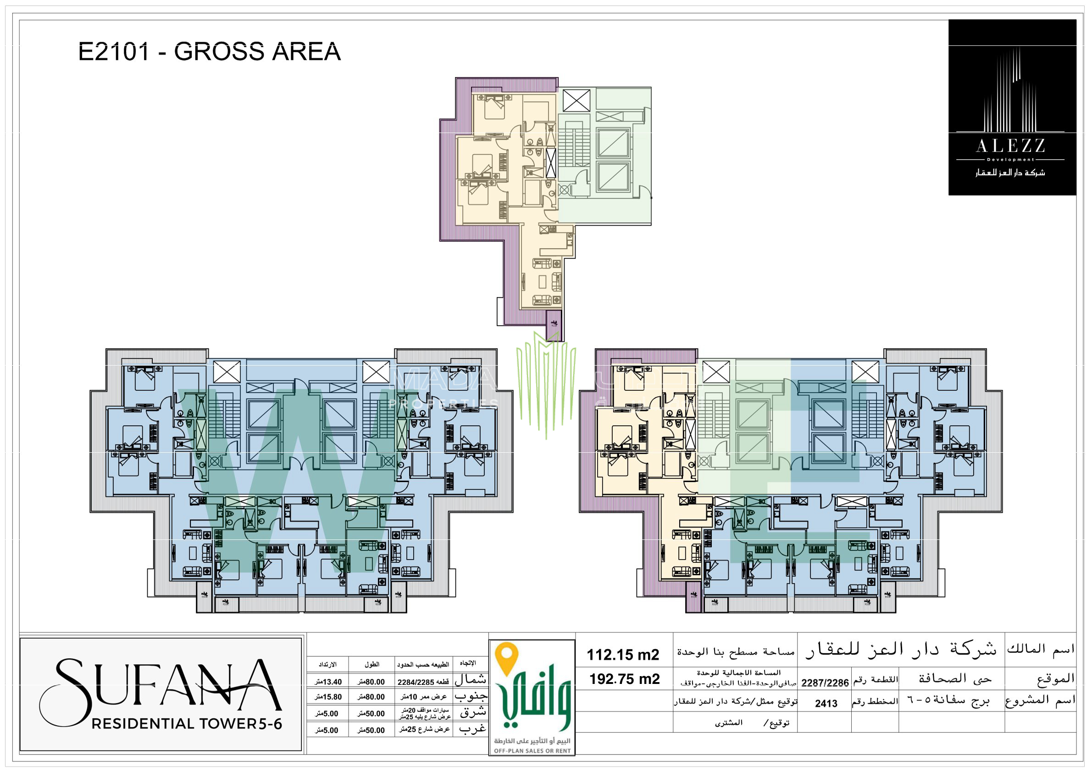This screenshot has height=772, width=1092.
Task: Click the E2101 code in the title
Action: point(114,51)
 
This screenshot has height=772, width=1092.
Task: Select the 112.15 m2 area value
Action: point(622,655)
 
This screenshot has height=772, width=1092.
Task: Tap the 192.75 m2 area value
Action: point(625,679)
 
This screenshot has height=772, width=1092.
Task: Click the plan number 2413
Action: point(826,704)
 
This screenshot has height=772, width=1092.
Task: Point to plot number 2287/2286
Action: point(825,683)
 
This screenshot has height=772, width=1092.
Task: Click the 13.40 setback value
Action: point(328,682)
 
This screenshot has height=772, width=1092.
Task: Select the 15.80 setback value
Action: point(328,697)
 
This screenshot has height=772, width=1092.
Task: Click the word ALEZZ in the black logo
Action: point(1010,145)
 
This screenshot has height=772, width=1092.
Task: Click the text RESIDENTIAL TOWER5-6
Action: point(187,723)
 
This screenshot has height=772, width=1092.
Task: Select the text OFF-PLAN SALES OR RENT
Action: point(532,750)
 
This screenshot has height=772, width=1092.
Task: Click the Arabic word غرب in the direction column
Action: point(472,729)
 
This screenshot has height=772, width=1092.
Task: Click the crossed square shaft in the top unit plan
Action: point(576,100)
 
